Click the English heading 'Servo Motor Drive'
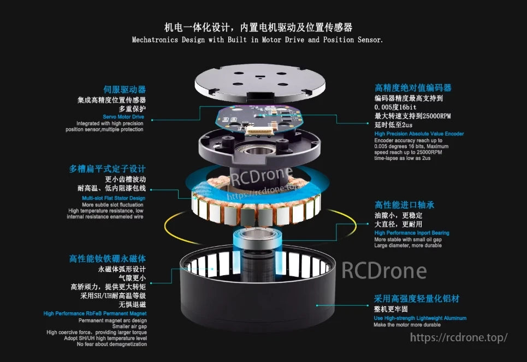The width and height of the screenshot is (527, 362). pos(123,117)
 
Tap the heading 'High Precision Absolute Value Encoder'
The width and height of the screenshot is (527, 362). pos(419,134)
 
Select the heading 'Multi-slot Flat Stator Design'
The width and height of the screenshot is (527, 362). pos(114,198)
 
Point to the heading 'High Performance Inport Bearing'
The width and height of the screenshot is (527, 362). pos(412,233)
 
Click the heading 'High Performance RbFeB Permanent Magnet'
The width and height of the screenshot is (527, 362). pos(95,313)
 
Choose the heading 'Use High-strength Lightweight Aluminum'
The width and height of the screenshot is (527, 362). pos(420,318)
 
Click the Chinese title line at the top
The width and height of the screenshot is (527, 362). pos(258,27)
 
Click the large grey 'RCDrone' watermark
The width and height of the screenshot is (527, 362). pos(384,270)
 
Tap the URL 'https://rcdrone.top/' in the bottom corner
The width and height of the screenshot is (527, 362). pos(459,337)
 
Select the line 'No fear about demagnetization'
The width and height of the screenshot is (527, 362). pos(112,344)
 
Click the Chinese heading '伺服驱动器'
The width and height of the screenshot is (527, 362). pos(125,89)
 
